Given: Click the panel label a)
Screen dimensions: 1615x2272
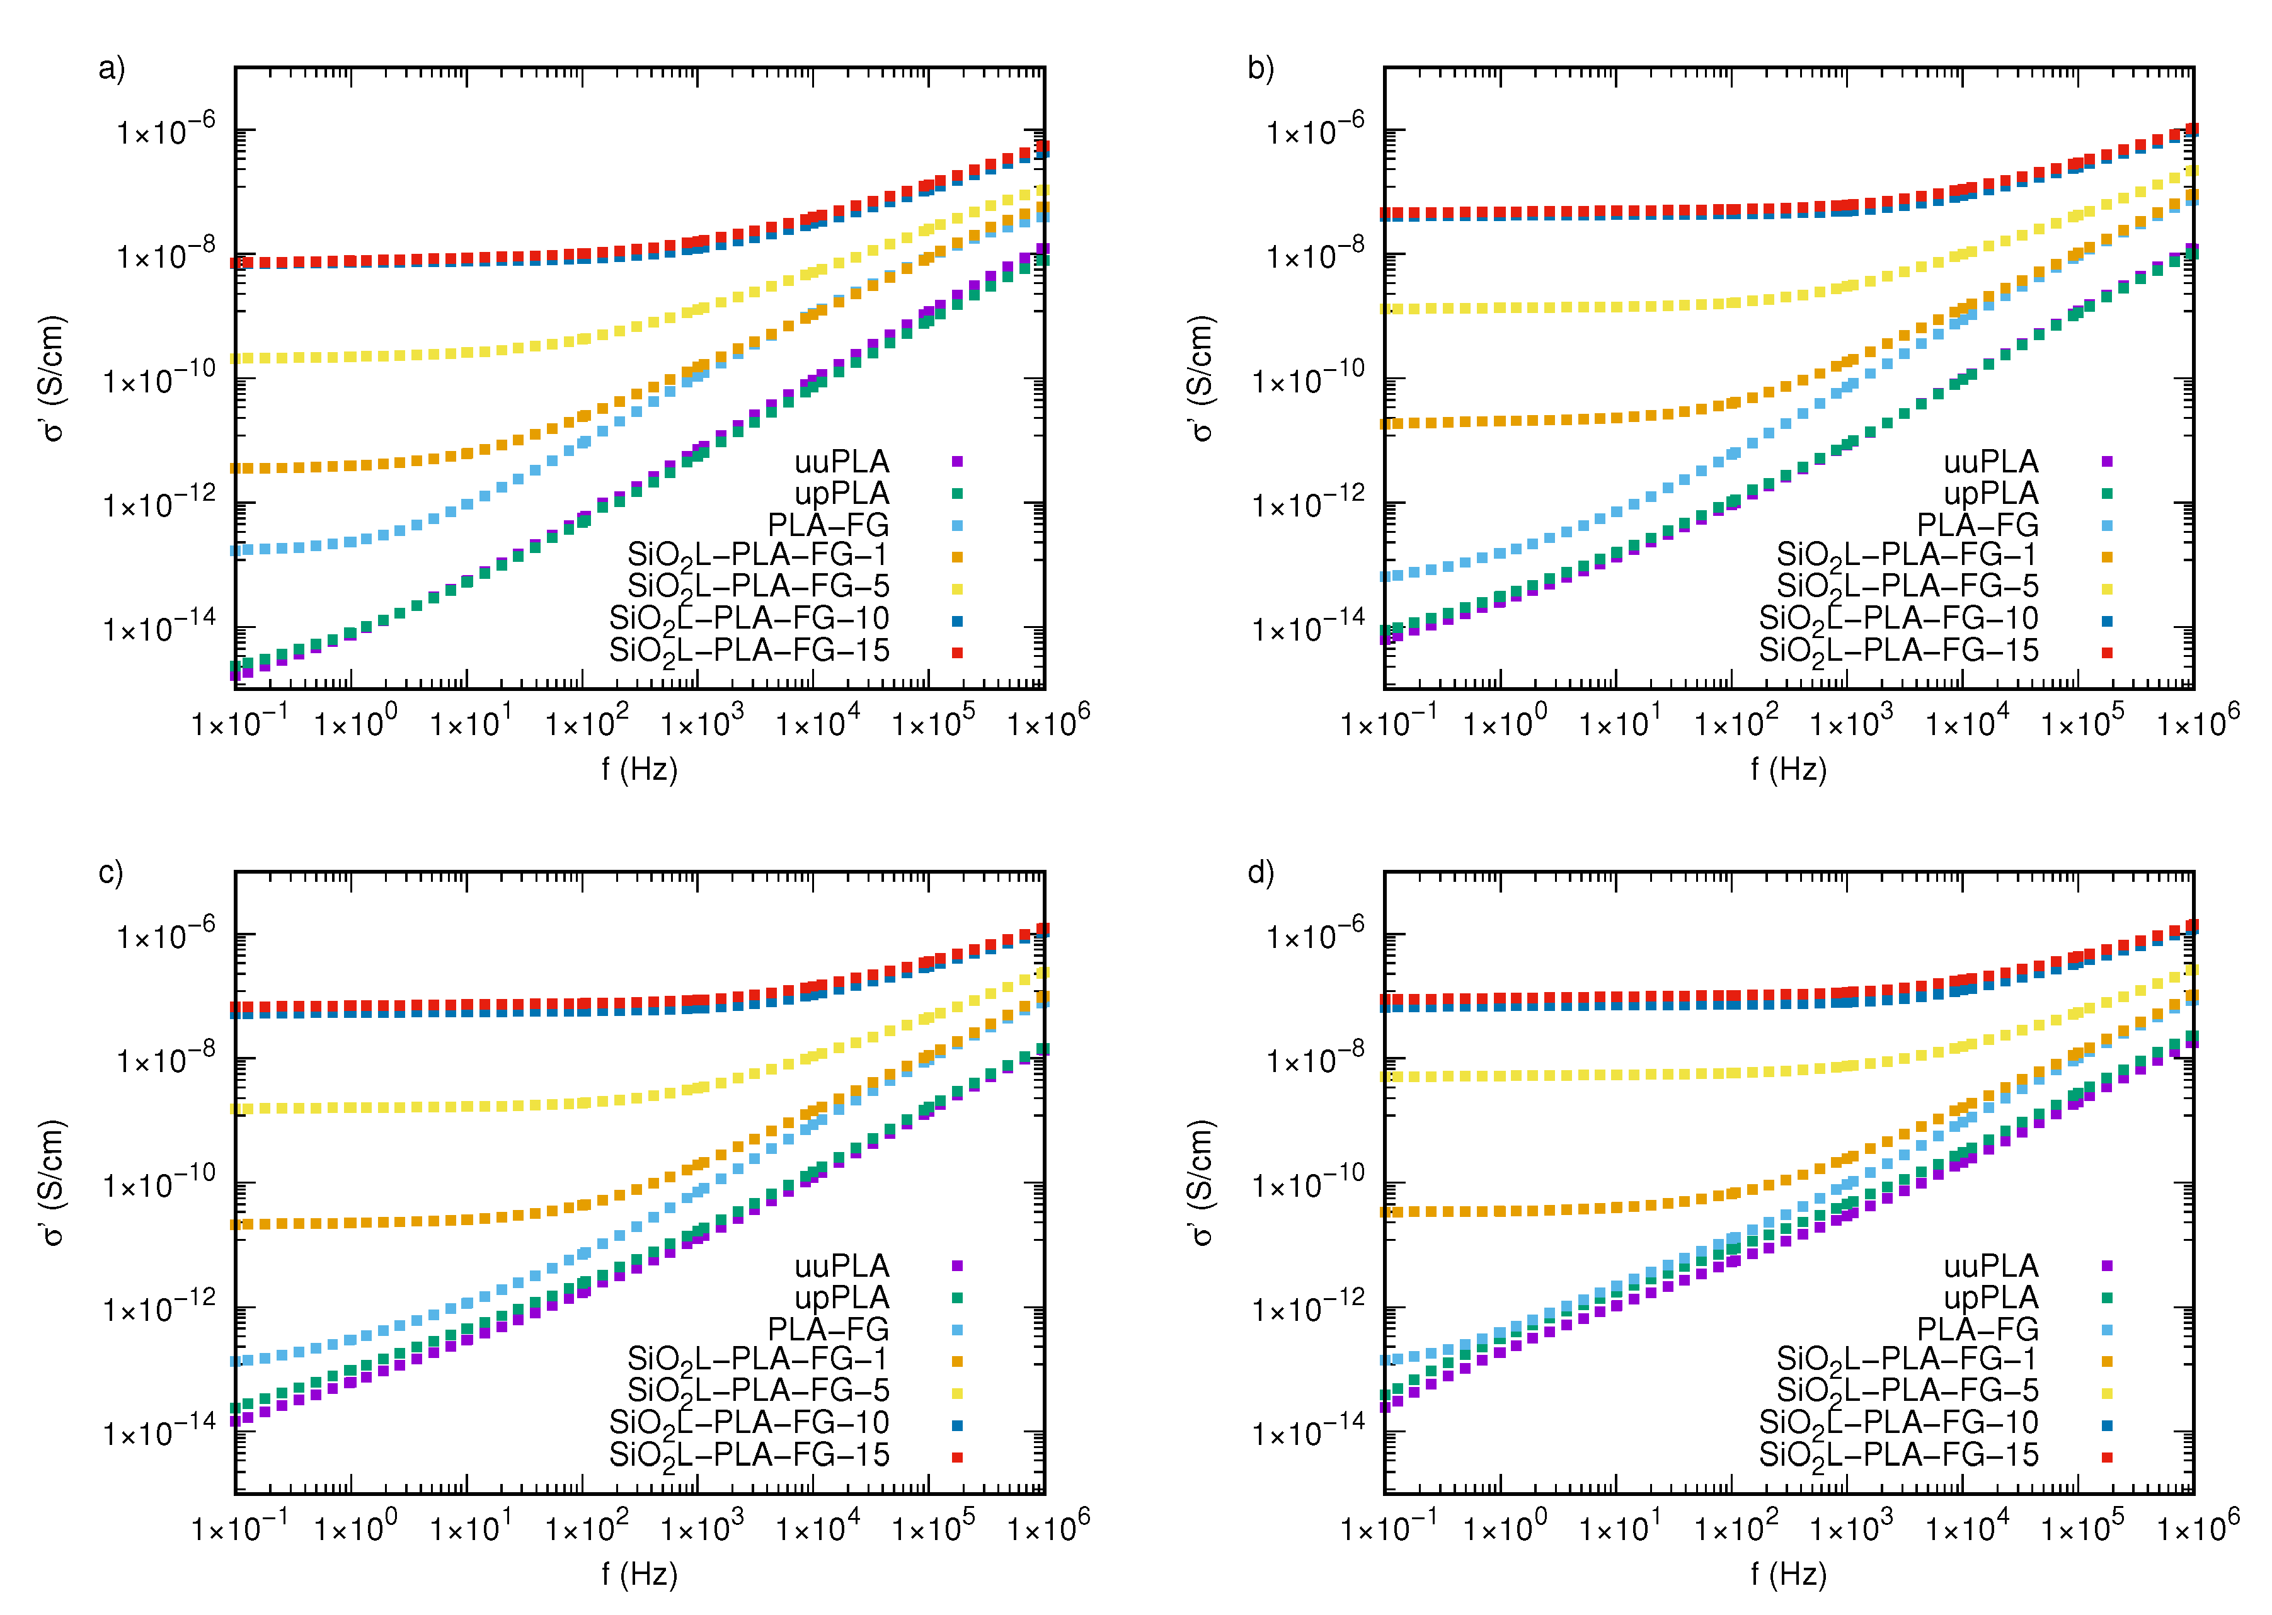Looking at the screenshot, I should (x=112, y=67).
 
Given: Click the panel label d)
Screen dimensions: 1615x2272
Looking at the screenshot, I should (x=1260, y=872).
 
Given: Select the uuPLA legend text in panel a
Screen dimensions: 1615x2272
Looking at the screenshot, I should (x=842, y=462).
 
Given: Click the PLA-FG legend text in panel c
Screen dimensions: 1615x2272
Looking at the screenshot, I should (x=828, y=1328).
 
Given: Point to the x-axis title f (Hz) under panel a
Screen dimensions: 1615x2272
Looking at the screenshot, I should (x=640, y=768).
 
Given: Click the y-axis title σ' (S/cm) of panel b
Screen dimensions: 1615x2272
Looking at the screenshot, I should (x=1201, y=378).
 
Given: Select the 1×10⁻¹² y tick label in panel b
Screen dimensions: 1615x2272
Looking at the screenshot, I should (x=1308, y=503).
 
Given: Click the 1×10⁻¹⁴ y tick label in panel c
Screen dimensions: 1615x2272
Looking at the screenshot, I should (x=159, y=1432).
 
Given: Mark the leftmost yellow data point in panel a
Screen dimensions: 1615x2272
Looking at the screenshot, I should (x=237, y=358).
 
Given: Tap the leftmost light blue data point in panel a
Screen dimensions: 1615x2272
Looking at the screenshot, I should (x=237, y=550).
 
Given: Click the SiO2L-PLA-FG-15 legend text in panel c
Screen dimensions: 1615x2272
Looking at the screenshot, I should (x=749, y=1456).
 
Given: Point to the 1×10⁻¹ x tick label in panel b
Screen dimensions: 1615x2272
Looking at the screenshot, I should (x=1387, y=722).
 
